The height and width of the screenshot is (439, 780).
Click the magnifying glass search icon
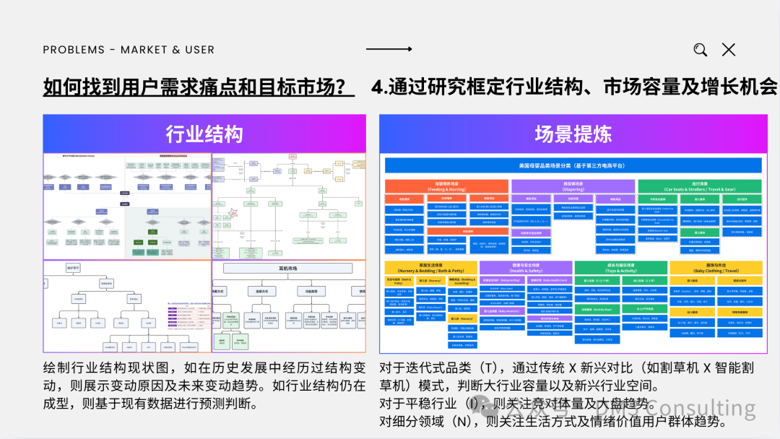700,50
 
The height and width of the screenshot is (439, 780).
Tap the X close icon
729,50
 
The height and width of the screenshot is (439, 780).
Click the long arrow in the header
389,49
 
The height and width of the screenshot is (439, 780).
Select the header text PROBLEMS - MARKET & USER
129,50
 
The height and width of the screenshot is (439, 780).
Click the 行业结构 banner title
204,134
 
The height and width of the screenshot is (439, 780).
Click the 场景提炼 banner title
573,134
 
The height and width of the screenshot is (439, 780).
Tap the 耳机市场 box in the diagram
288,268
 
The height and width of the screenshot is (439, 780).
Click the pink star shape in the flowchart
234,214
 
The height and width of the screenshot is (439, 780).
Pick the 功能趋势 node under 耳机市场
309,291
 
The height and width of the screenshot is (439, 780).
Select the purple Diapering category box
573,186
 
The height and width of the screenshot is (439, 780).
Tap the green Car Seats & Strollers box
700,186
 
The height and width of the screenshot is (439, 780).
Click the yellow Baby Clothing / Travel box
716,268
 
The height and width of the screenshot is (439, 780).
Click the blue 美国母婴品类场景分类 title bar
573,165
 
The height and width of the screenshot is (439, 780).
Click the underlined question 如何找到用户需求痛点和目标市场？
199,87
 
